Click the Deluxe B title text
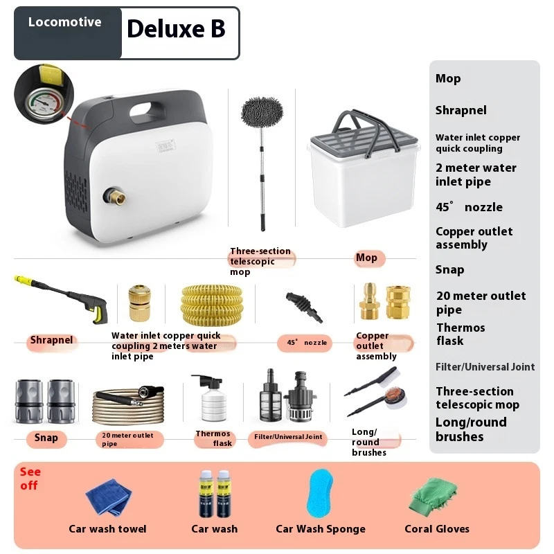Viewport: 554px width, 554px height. [176, 28]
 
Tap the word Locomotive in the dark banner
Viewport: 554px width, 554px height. [64, 22]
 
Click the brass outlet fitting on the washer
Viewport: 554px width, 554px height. [115, 197]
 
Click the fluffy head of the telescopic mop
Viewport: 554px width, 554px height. [262, 111]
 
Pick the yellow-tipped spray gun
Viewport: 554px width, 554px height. [61, 299]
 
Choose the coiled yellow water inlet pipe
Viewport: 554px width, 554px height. [212, 305]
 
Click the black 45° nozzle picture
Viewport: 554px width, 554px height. [304, 307]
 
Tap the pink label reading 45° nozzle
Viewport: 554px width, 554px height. [305, 343]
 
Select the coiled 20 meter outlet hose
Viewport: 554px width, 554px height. [128, 406]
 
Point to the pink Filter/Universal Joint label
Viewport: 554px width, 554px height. [288, 438]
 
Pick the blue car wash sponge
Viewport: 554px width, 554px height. [321, 494]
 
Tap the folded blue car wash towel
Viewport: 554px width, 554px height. [109, 496]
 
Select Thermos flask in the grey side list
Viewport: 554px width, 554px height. [461, 334]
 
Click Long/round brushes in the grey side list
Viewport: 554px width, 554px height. [472, 429]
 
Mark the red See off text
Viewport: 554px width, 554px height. [30, 479]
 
